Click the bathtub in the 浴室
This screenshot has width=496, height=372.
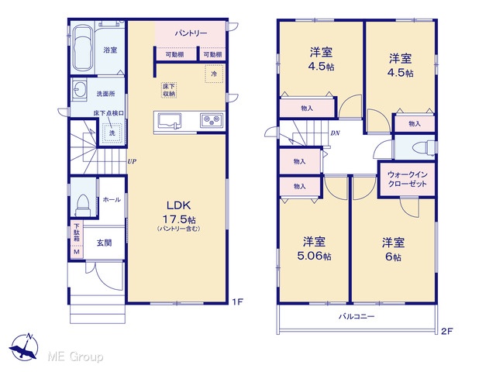click(x=83, y=47)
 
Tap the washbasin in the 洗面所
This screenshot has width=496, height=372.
click(x=79, y=90)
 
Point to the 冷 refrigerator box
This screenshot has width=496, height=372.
click(x=214, y=74)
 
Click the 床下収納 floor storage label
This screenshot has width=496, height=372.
click(x=169, y=90)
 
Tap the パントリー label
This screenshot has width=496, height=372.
click(x=191, y=33)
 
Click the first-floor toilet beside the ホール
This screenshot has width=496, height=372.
click(x=83, y=205)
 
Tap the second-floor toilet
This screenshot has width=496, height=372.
click(x=423, y=147)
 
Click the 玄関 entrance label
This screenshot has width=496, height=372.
click(x=104, y=243)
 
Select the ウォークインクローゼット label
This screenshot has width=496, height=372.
click(x=407, y=179)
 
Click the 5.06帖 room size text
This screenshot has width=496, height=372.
click(x=314, y=256)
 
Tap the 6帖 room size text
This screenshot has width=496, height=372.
click(x=393, y=257)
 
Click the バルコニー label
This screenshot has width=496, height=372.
click(x=356, y=316)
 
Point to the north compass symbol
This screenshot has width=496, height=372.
click(x=24, y=347)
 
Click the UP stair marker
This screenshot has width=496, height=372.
click(x=132, y=161)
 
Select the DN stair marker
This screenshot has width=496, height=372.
click(x=335, y=133)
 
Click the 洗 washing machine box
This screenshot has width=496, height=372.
click(x=112, y=133)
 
